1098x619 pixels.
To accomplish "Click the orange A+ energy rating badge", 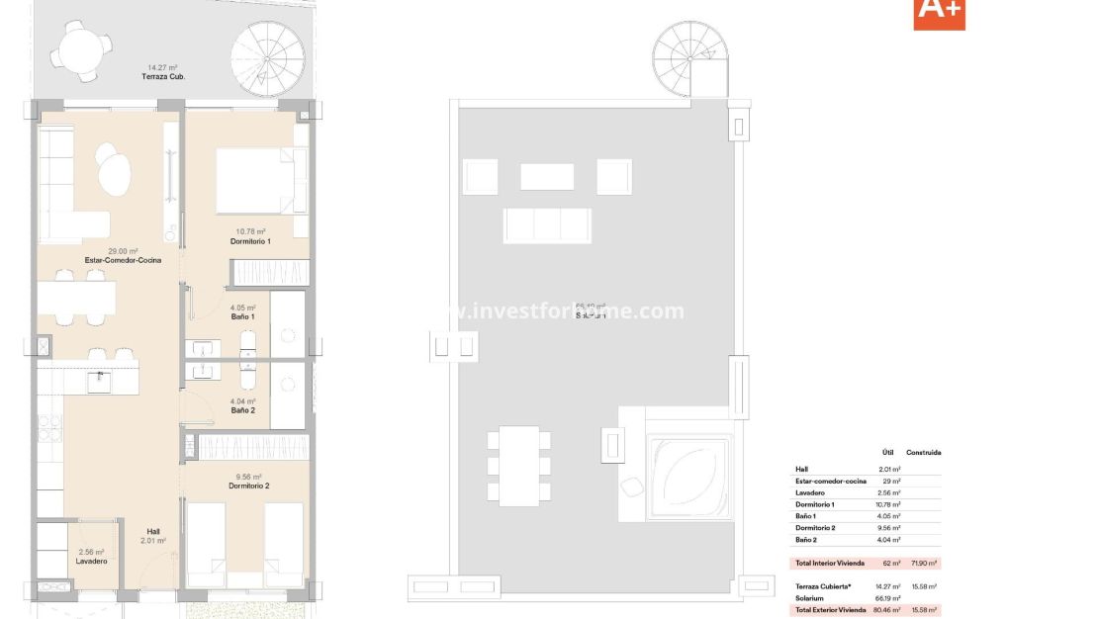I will coord(939,12).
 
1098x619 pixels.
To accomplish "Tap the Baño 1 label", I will coord(243,317).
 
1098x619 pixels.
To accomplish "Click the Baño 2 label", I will coord(243,409).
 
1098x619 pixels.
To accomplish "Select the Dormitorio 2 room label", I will coord(248,486).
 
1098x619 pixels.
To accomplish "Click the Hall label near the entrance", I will coord(152,532).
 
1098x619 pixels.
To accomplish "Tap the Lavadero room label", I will coord(91,562).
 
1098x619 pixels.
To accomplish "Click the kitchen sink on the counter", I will coord(98,381).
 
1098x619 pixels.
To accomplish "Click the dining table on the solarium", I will coord(518,465).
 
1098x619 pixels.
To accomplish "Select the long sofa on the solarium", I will coord(546,225).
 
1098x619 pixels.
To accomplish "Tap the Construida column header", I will coord(923,453).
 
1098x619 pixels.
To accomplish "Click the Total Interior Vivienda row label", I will coord(829,563).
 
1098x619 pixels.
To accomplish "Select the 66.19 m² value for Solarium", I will coord(888,598).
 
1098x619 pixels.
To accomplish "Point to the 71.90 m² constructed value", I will coord(924,563).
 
